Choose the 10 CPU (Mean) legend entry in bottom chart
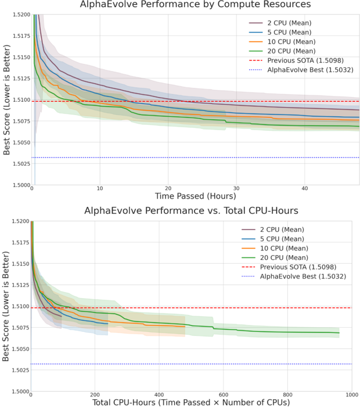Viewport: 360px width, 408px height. pos(282,248)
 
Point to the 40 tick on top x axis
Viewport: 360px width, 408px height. pos(304,189)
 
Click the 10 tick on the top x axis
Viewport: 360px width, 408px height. pos(100,189)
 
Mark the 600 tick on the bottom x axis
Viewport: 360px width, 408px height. pos(223,395)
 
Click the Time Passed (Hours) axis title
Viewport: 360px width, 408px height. pos(195,197)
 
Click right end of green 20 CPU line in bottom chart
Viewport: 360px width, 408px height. pos(339,333)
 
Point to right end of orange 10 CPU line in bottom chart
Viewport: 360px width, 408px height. pos(185,326)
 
